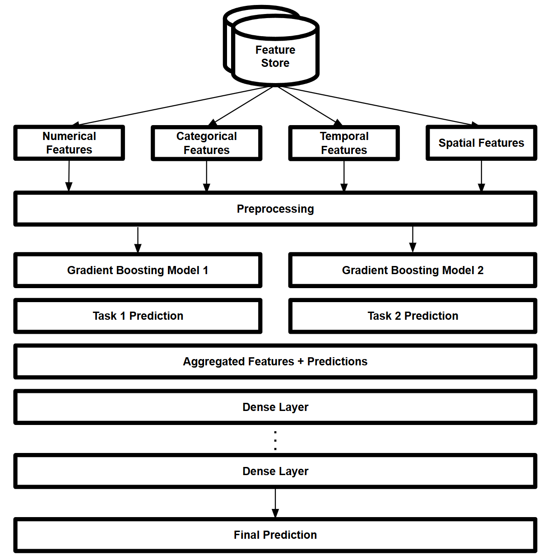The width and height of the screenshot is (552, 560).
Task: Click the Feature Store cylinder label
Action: pos(275,56)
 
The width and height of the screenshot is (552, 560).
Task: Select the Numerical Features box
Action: pos(69,143)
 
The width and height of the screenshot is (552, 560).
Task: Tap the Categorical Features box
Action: pos(206,143)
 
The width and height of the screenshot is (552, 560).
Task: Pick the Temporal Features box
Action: pos(344,143)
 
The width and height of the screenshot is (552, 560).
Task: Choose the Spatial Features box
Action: pos(481,143)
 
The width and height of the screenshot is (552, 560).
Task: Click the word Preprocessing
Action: pos(275,209)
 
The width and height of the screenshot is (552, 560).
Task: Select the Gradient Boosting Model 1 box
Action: pos(138,270)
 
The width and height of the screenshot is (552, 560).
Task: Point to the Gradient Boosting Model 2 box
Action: pos(413,270)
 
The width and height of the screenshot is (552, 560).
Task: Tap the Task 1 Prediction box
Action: pos(138,316)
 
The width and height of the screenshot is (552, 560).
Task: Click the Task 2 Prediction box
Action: pos(413,316)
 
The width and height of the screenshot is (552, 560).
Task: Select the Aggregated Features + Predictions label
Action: pos(275,361)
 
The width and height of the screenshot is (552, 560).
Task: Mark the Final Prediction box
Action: pos(275,535)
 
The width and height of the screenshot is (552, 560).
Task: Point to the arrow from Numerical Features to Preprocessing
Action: pos(69,176)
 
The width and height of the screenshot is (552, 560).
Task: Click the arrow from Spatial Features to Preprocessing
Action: pos(481,176)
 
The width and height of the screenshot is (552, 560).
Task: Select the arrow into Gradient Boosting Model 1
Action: pos(138,239)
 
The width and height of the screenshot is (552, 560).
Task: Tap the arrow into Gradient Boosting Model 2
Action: pos(413,239)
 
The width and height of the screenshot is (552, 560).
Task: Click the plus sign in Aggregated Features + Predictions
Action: pos(301,362)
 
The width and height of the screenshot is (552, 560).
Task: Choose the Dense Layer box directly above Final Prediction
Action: pos(275,471)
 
